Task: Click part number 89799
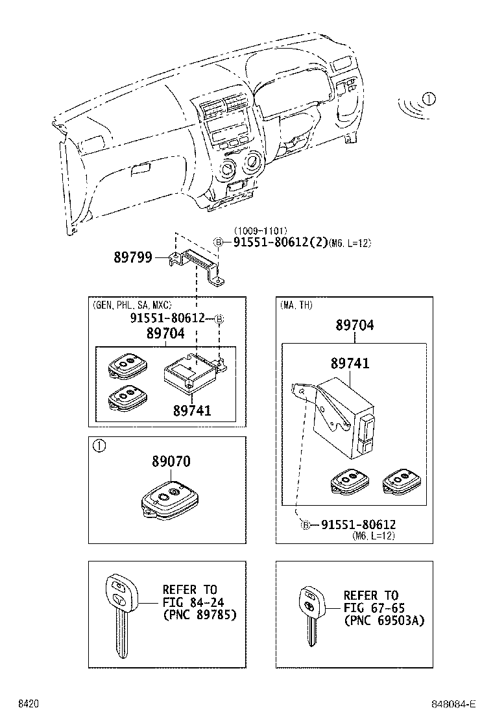click(133, 257)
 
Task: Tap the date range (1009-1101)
click(260, 230)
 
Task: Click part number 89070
click(171, 462)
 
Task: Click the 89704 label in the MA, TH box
click(354, 325)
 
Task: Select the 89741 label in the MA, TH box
click(350, 363)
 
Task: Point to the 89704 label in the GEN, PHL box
click(165, 333)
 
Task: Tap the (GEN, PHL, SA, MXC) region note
click(132, 304)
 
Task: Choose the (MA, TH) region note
click(296, 304)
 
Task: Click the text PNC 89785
click(199, 614)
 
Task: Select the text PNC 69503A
click(383, 621)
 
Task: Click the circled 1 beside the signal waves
click(429, 99)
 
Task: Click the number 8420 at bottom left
click(28, 704)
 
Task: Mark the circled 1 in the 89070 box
click(99, 445)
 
